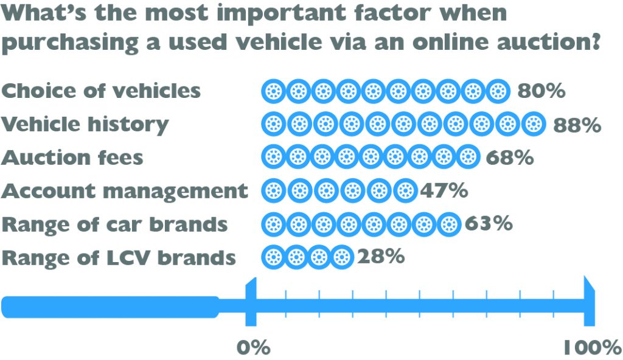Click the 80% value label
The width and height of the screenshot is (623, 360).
pyautogui.click(x=541, y=91)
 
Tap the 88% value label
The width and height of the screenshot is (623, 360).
pyautogui.click(x=577, y=125)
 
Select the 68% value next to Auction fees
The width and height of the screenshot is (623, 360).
pyautogui.click(x=510, y=157)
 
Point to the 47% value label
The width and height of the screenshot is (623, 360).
pyautogui.click(x=444, y=191)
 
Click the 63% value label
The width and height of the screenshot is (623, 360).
pyautogui.click(x=488, y=224)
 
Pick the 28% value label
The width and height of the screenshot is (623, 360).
pyautogui.click(x=381, y=257)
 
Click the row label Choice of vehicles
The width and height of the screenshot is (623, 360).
pyautogui.click(x=101, y=91)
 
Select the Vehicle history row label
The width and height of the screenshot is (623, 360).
pyautogui.click(x=85, y=125)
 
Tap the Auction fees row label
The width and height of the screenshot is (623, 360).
pyautogui.click(x=72, y=157)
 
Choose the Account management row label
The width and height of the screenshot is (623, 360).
pyautogui.click(x=125, y=191)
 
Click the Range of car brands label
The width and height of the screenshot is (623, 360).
pyautogui.click(x=115, y=224)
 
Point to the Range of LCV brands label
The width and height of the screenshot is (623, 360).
pyautogui.click(x=119, y=257)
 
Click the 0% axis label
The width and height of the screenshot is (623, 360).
pyautogui.click(x=253, y=347)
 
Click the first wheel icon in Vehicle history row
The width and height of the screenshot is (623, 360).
pyautogui.click(x=273, y=125)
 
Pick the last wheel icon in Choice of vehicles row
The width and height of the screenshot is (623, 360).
pyautogui.click(x=498, y=91)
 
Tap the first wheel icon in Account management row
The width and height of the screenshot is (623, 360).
pyautogui.click(x=273, y=191)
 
